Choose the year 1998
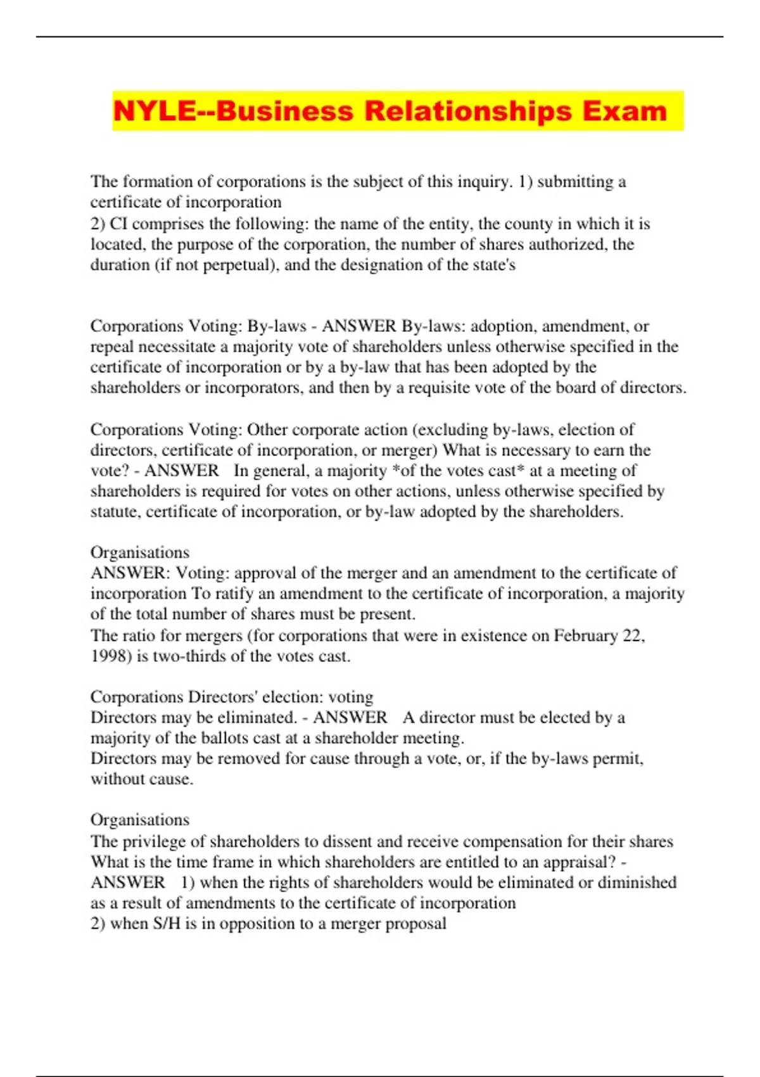[x=110, y=656]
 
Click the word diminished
[x=637, y=883]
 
